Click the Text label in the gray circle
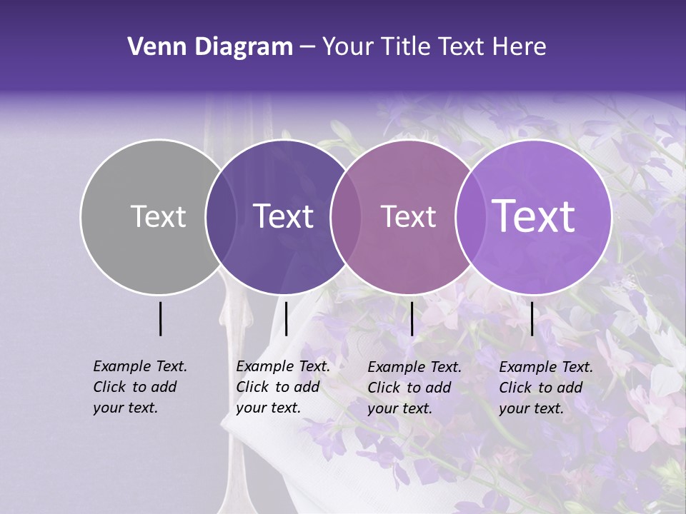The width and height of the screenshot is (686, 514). point(158,216)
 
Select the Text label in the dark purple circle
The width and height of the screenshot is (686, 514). point(284,216)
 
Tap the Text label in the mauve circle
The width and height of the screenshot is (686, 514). point(408,216)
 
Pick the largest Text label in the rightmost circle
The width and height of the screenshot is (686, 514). point(534,216)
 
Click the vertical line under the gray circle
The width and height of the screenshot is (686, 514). point(160,318)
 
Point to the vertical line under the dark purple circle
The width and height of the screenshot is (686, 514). point(286,318)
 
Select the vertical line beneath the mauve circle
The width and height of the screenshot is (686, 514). point(412,318)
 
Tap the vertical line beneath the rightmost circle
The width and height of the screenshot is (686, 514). point(532,318)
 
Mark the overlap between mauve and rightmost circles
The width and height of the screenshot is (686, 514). point(471,217)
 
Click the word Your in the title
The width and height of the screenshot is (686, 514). point(348,47)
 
